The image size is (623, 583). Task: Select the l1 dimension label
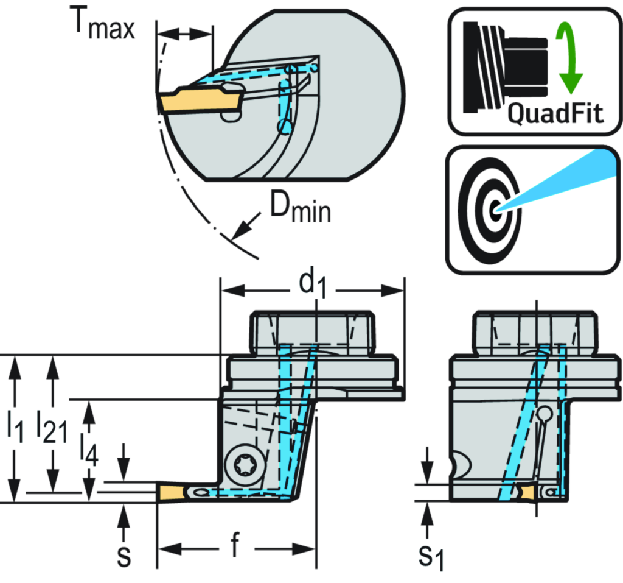(x=15, y=427)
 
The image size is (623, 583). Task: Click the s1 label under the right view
(x=433, y=556)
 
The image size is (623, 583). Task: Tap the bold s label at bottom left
(x=124, y=555)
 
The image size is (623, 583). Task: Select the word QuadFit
(x=555, y=113)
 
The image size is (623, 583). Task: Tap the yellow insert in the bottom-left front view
(x=171, y=493)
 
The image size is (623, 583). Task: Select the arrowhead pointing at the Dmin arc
(x=243, y=229)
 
